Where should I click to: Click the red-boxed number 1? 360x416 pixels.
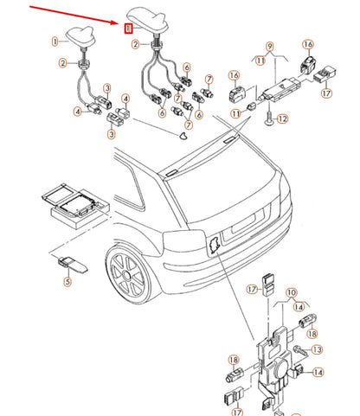128,29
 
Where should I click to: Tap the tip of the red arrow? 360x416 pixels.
119,22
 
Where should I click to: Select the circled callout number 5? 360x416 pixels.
67,281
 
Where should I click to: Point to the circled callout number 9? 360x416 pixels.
269,47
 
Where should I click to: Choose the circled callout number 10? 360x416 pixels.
292,293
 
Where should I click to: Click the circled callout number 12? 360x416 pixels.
283,118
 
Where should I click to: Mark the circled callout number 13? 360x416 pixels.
317,349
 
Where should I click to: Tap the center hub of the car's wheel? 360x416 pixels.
126,275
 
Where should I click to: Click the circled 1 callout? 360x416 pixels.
55,42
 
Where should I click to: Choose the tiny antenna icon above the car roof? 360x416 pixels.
183,136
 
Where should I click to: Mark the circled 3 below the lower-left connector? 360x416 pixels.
112,134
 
